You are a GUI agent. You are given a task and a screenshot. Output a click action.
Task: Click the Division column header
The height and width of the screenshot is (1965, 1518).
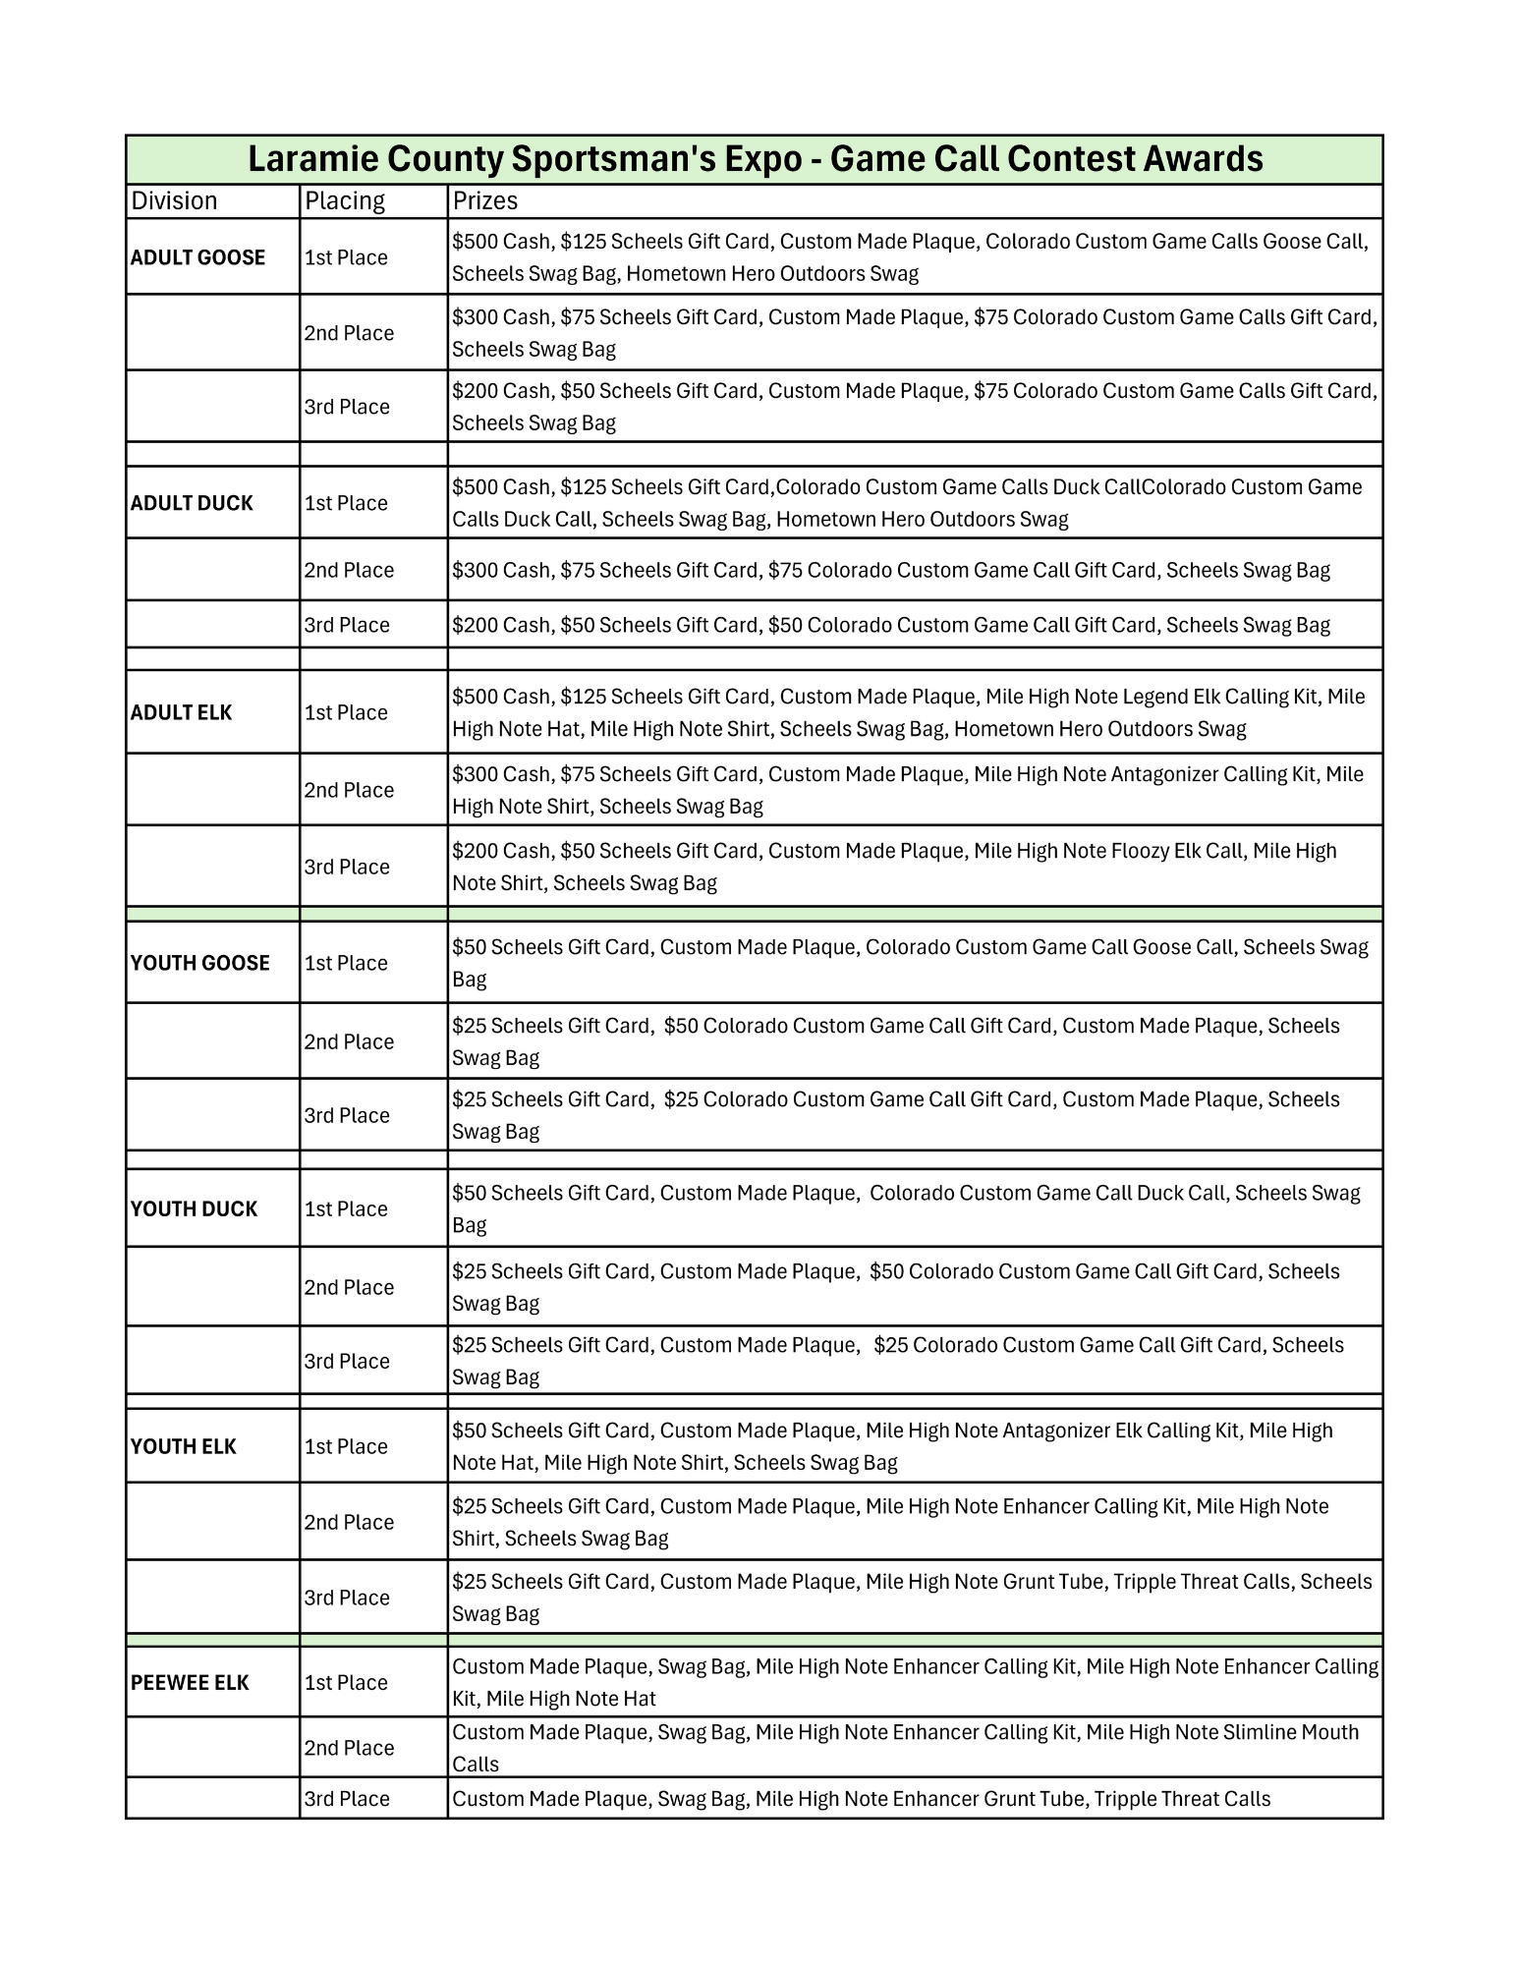pyautogui.click(x=174, y=201)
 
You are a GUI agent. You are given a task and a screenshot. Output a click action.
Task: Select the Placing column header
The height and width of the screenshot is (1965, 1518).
pyautogui.click(x=345, y=201)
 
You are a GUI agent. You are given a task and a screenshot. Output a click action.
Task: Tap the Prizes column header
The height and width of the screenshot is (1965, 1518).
pyautogui.click(x=484, y=201)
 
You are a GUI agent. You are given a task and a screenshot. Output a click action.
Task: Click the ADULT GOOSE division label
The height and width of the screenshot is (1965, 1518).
pyautogui.click(x=197, y=257)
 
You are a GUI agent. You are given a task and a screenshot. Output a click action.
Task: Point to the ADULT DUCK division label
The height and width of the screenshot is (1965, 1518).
pyautogui.click(x=192, y=503)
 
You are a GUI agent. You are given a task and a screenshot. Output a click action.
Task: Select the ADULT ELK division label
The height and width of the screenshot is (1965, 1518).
pyautogui.click(x=181, y=712)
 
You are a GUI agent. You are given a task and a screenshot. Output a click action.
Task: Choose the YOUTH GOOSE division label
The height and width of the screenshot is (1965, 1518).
pyautogui.click(x=199, y=963)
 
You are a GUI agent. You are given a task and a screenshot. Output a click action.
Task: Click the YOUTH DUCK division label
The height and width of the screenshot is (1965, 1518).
pyautogui.click(x=194, y=1208)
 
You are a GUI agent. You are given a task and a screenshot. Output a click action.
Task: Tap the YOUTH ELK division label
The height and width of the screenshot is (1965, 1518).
pyautogui.click(x=183, y=1446)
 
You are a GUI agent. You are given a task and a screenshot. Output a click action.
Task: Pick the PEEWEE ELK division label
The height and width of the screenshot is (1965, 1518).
pyautogui.click(x=190, y=1682)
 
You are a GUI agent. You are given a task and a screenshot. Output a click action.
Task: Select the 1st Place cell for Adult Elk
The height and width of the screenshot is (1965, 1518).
pyautogui.click(x=346, y=712)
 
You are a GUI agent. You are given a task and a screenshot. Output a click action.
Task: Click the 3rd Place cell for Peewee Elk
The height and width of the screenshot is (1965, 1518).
pyautogui.click(x=347, y=1799)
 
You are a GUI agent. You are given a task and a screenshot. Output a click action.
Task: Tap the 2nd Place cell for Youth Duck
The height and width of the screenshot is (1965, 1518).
pyautogui.click(x=349, y=1287)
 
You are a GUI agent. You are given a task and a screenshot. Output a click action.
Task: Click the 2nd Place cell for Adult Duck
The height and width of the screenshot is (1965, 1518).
pyautogui.click(x=349, y=570)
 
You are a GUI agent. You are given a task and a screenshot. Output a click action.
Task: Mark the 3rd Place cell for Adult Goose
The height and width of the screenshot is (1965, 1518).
pyautogui.click(x=347, y=407)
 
